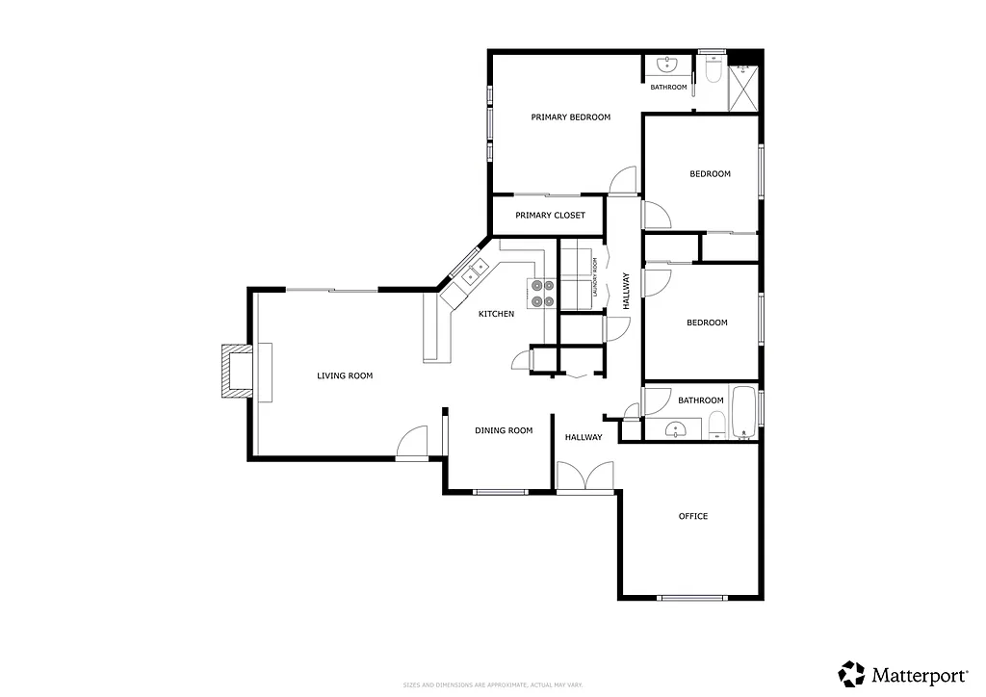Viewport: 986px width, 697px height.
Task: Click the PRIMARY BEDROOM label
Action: pos(571,117)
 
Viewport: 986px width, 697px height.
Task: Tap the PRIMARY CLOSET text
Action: pos(550,216)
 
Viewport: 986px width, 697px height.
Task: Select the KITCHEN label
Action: pos(497,314)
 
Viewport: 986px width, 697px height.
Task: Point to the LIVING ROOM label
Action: pos(345,375)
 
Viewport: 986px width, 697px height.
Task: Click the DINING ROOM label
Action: pos(504,430)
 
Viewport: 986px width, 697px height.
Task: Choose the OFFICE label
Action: pos(693,517)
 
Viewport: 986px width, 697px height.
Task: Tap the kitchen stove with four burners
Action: pos(541,293)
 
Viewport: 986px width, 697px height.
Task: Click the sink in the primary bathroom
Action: pos(667,65)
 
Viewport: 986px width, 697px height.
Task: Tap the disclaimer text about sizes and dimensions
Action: pos(492,684)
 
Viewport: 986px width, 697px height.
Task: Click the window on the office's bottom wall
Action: pos(692,598)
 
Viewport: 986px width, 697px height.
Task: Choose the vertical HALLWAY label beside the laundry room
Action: pos(625,290)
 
